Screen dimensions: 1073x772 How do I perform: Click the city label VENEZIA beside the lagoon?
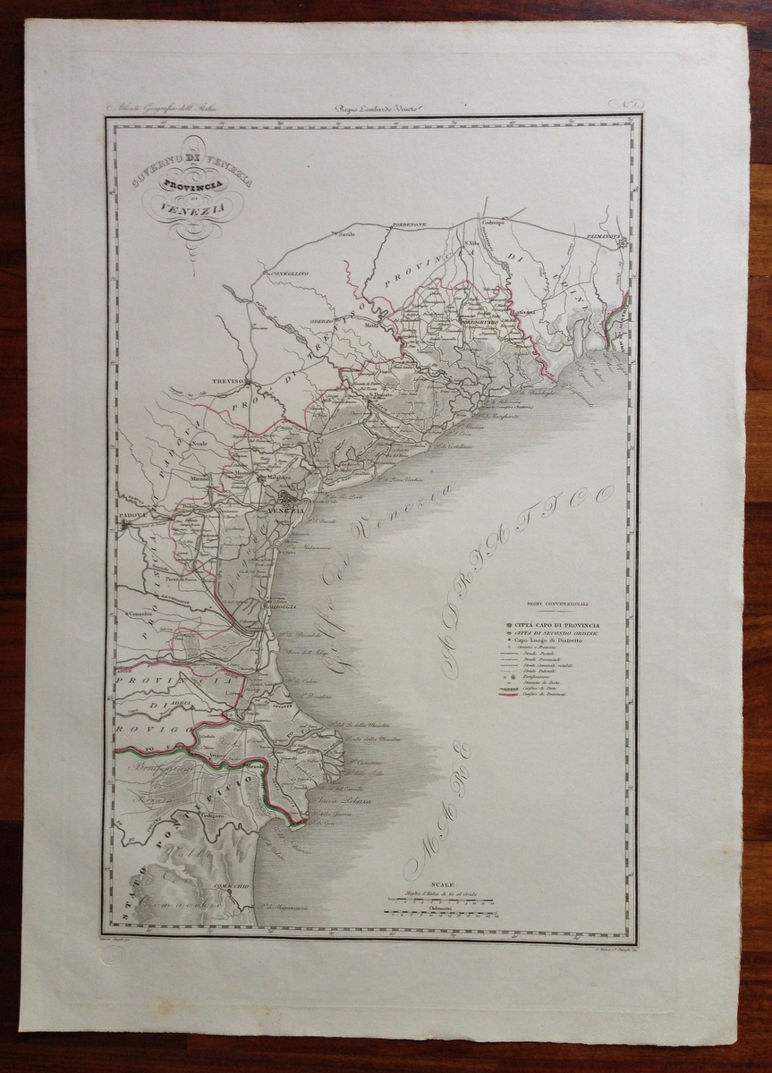pos(287,511)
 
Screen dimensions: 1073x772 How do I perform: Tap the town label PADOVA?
pos(131,517)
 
